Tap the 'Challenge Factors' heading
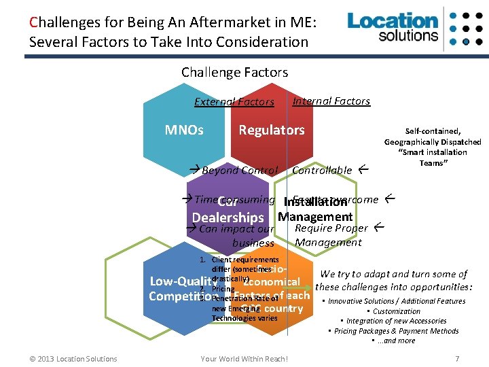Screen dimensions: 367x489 pos(234,72)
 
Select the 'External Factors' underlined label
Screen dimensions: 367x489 pos(234,102)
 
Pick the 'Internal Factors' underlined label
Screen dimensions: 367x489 pos(331,101)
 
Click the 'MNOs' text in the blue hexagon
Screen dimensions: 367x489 pos(184,130)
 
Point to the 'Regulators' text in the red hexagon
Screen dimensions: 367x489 pos(271,130)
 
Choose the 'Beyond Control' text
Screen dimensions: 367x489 pos(239,171)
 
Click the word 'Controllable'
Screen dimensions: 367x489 pos(322,171)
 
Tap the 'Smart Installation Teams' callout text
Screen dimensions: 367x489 pos(432,147)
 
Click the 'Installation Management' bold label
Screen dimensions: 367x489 pos(315,210)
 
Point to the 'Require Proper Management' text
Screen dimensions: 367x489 pos(331,235)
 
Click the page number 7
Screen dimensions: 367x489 pos(457,359)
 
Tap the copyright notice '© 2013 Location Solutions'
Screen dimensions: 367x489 pos(73,359)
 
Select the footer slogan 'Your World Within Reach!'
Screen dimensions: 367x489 pos(244,359)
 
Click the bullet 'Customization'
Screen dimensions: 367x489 pos(397,311)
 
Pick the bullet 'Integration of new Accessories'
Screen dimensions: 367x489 pos(396,321)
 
